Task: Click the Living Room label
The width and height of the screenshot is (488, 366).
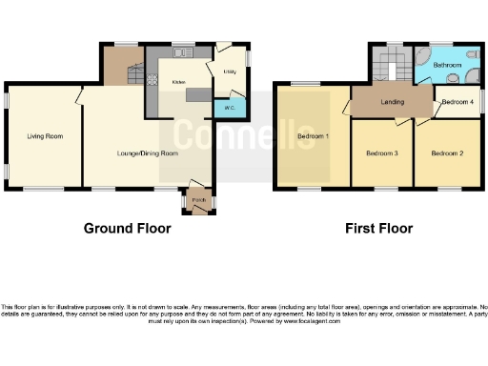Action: pos(45,136)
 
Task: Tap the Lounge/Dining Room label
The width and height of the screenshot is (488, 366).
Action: pos(147,152)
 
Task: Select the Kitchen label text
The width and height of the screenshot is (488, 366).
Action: pos(177,83)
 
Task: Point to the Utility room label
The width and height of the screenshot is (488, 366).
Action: pos(229,71)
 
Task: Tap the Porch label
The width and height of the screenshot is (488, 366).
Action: pos(199,199)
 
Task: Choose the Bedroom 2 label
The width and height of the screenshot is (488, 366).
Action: pos(446,152)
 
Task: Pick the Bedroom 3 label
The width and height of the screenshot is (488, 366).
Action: pos(381,152)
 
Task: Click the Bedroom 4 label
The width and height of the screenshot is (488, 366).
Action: pos(457,101)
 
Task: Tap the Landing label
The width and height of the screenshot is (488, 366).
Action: pos(391,101)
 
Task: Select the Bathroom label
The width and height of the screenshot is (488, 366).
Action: pos(447,63)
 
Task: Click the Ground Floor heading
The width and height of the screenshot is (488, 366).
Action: pos(128,228)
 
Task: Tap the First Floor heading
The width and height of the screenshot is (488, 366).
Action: pos(379,228)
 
